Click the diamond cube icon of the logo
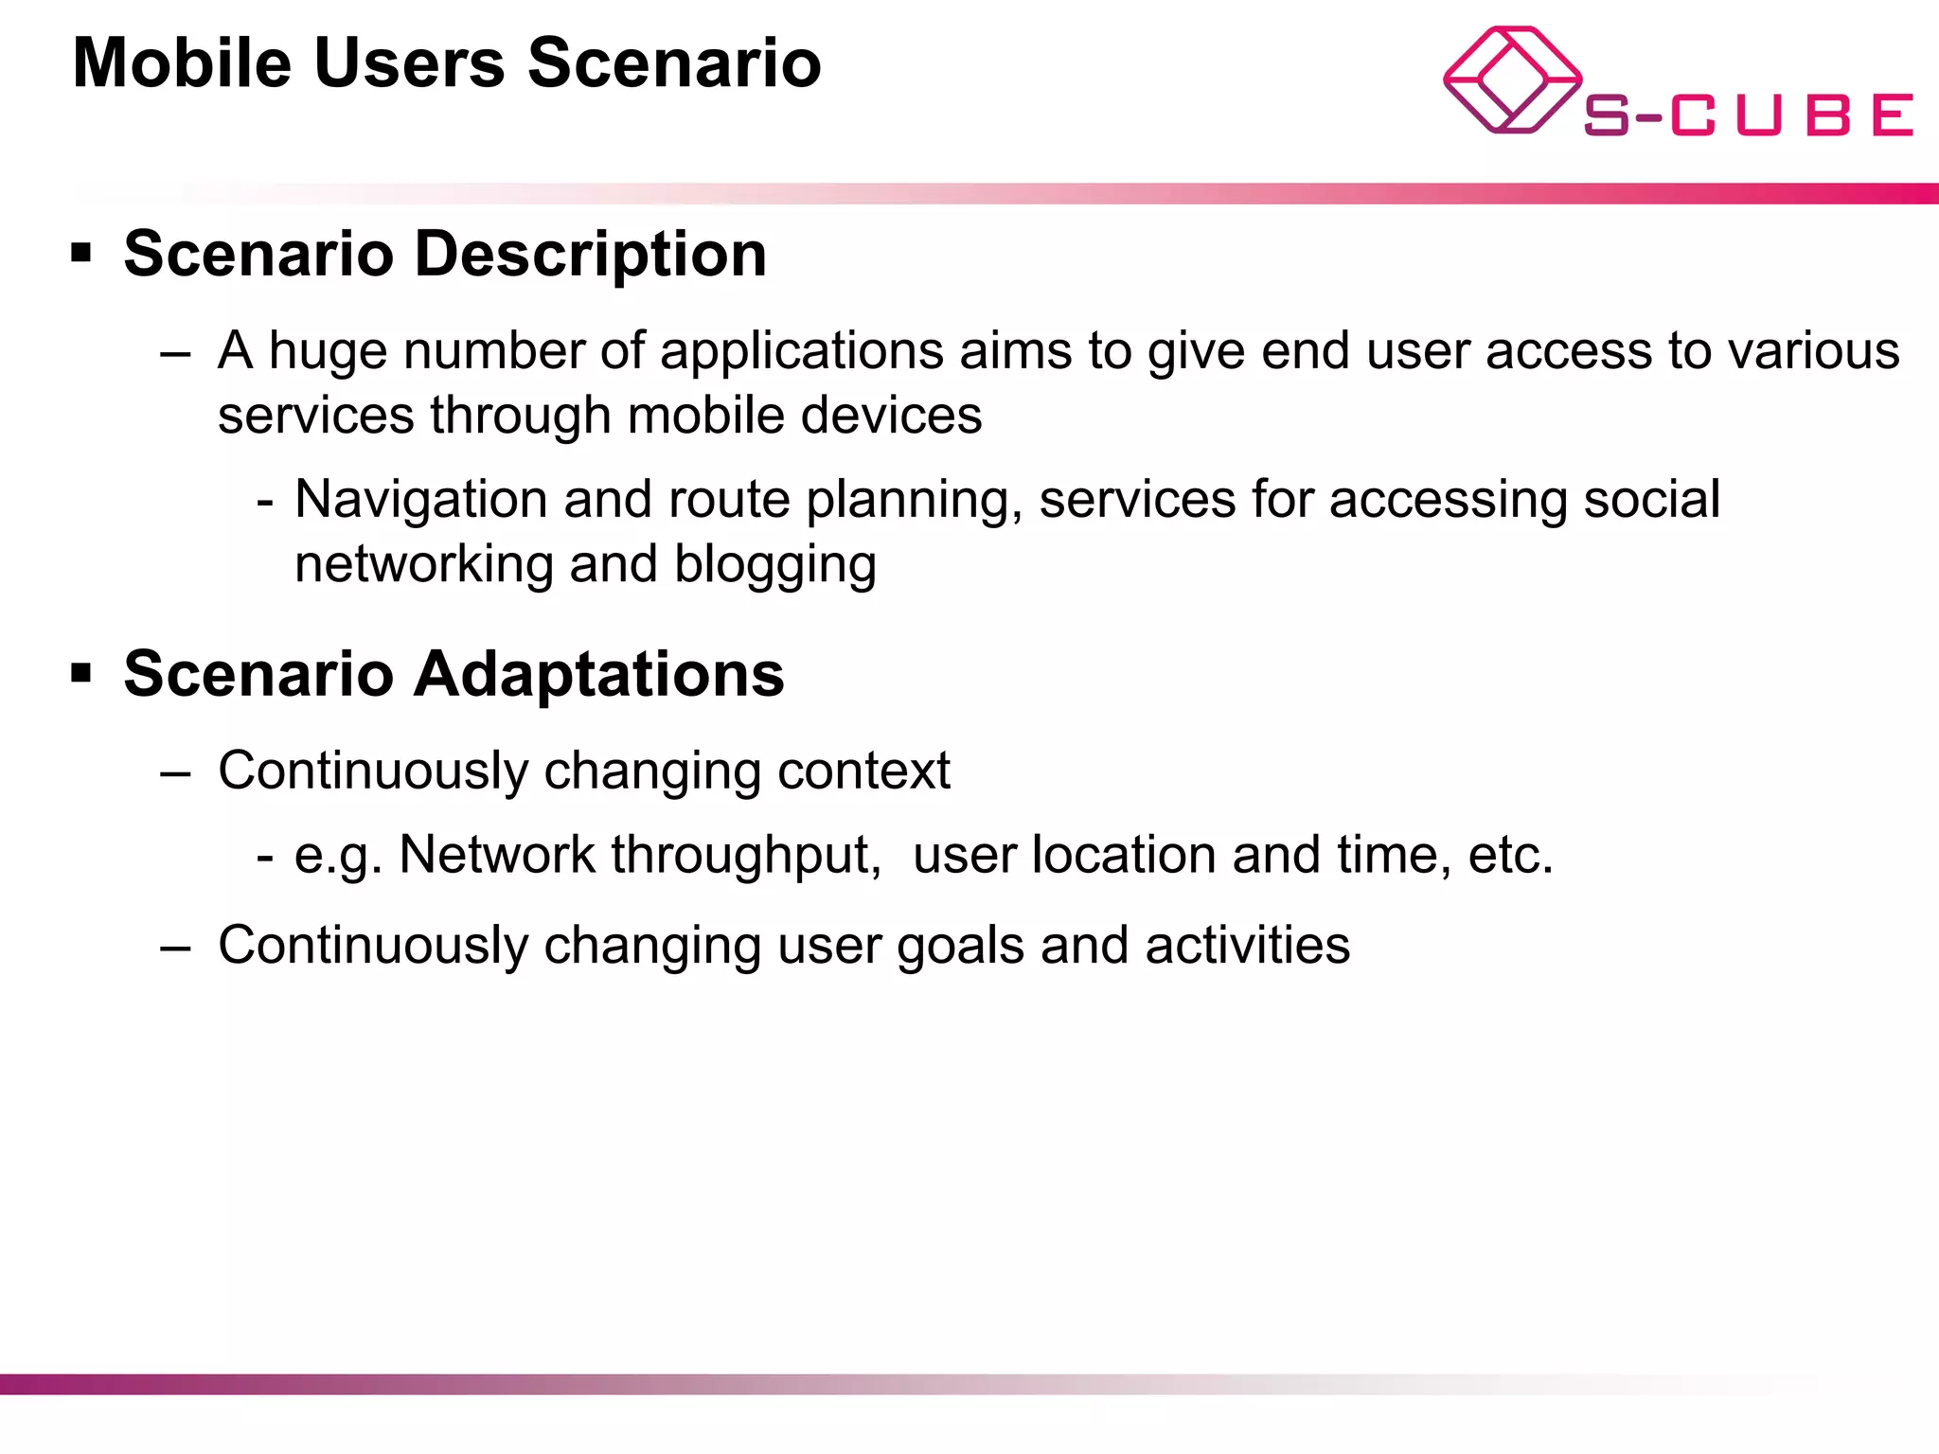click(1511, 80)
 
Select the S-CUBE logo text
click(1748, 115)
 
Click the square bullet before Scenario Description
click(81, 253)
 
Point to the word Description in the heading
click(590, 255)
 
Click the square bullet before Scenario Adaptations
click(81, 673)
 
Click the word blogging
click(774, 564)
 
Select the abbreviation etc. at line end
click(1510, 855)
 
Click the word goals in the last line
click(960, 946)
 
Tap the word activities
click(1247, 946)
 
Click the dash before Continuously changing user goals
click(176, 947)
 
